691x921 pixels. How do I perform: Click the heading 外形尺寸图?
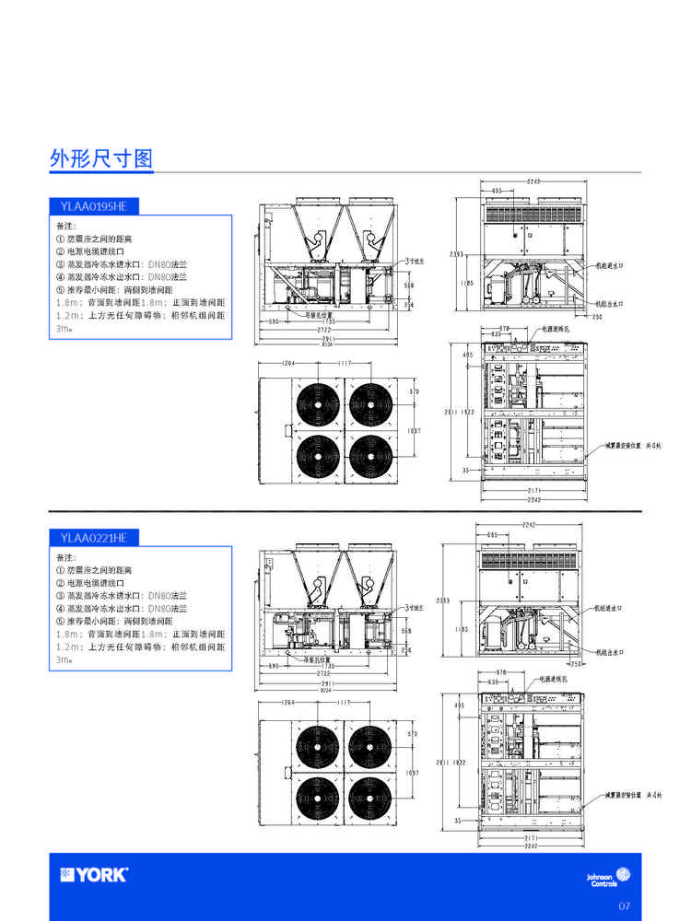point(100,158)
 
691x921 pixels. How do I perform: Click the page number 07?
point(624,906)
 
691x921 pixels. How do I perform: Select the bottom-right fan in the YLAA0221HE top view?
point(369,789)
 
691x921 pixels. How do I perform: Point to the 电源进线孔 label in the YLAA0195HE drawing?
point(556,328)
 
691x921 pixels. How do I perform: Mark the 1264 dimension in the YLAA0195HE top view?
point(287,363)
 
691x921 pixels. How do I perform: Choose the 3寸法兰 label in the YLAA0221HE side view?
point(414,608)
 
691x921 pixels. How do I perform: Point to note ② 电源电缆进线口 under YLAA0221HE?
point(94,583)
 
